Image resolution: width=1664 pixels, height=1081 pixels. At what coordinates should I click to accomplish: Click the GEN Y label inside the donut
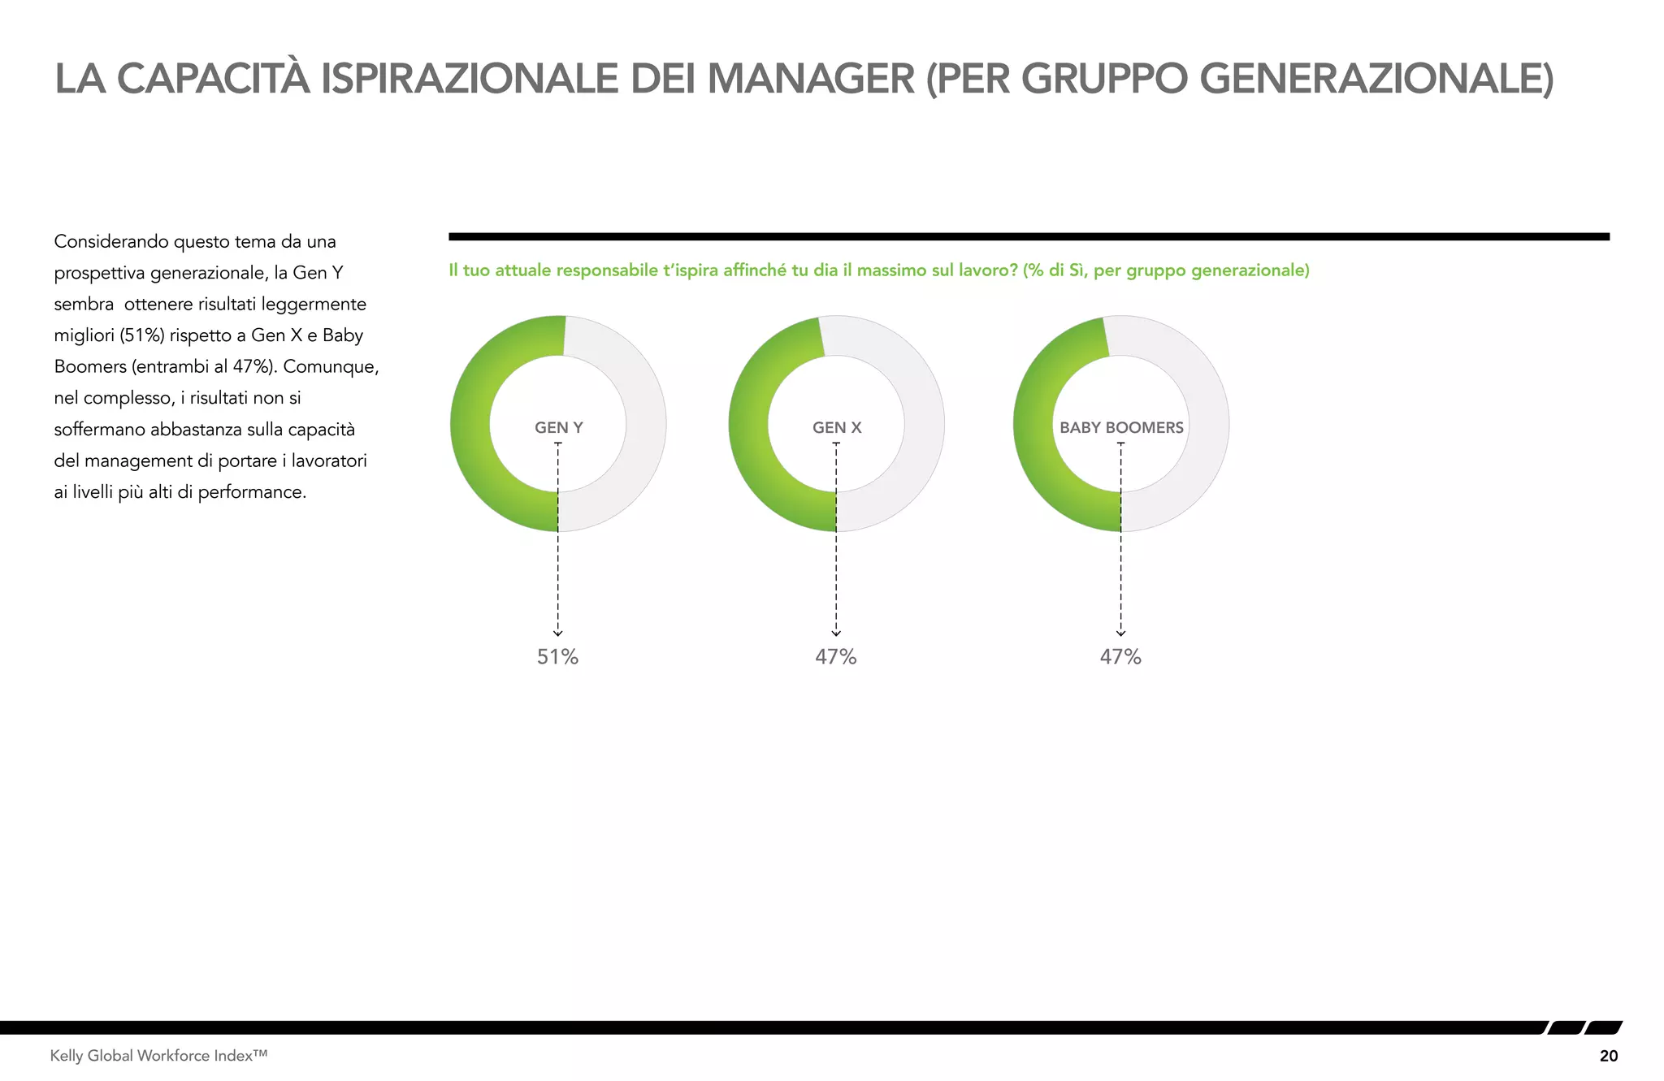point(558,427)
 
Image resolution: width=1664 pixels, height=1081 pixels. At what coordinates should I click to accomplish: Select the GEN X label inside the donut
point(837,427)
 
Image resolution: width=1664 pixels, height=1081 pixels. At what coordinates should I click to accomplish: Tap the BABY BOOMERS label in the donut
point(1121,427)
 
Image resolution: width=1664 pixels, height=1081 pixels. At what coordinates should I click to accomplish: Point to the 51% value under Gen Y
point(557,656)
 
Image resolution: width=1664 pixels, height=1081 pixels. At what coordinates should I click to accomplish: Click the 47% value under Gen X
point(836,656)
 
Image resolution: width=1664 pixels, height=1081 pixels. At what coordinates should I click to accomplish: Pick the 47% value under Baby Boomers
point(1120,656)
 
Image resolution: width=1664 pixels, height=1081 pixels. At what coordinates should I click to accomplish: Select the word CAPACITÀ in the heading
point(214,79)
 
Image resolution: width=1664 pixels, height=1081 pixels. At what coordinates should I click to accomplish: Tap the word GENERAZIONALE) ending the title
point(1376,79)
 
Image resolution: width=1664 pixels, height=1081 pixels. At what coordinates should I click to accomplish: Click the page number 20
point(1608,1056)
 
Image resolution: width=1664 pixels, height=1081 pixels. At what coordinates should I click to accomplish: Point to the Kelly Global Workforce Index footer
point(158,1056)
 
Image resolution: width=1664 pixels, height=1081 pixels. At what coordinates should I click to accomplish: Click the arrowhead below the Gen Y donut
point(558,633)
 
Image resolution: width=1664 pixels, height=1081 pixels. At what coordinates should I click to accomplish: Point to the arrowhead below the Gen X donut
point(836,633)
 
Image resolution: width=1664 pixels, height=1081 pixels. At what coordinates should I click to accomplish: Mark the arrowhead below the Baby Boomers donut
point(1120,633)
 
